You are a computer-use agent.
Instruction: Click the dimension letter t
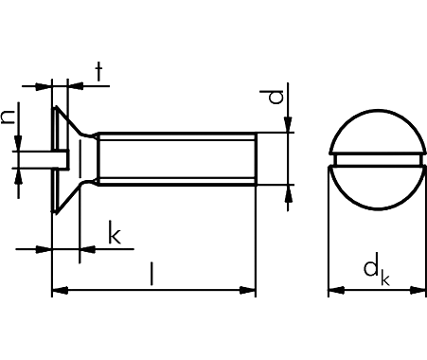(x=99, y=72)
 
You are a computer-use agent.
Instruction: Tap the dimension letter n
(x=8, y=117)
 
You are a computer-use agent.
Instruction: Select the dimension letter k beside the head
(x=115, y=232)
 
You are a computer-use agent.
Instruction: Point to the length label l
(x=152, y=274)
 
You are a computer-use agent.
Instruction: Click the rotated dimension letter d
(x=276, y=97)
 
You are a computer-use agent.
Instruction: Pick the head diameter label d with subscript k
(x=377, y=273)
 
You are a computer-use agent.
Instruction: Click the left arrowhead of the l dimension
(x=60, y=290)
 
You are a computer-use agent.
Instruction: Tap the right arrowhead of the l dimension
(x=247, y=290)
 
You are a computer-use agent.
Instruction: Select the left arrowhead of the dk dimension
(x=336, y=290)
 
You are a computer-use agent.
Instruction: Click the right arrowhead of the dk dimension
(x=418, y=290)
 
